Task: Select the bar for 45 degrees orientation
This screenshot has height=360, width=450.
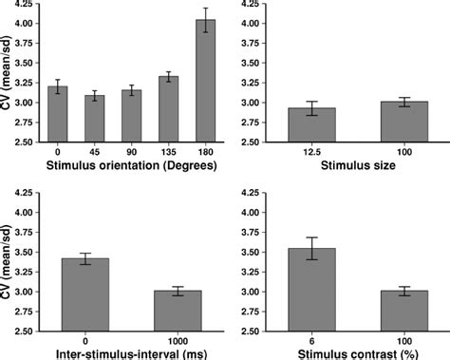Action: (93, 119)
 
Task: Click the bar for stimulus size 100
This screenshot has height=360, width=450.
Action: (390, 123)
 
